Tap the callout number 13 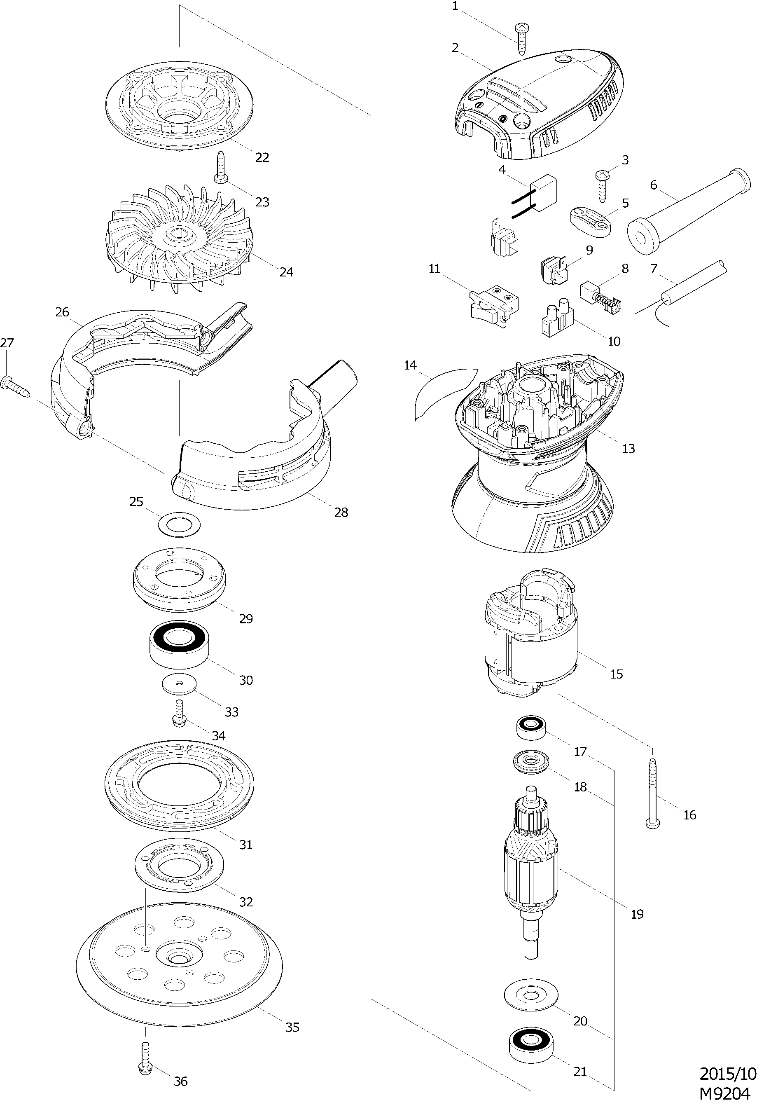point(628,448)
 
